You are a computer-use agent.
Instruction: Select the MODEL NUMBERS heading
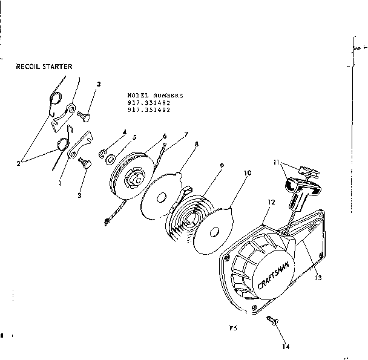point(156,96)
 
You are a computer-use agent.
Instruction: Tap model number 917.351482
point(149,103)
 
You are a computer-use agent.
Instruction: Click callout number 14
point(284,347)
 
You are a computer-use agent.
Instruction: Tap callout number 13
point(317,278)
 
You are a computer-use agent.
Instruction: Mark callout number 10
point(247,172)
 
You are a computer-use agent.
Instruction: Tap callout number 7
point(186,133)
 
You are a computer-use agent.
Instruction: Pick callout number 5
point(134,137)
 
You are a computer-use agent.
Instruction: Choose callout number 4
point(124,131)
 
